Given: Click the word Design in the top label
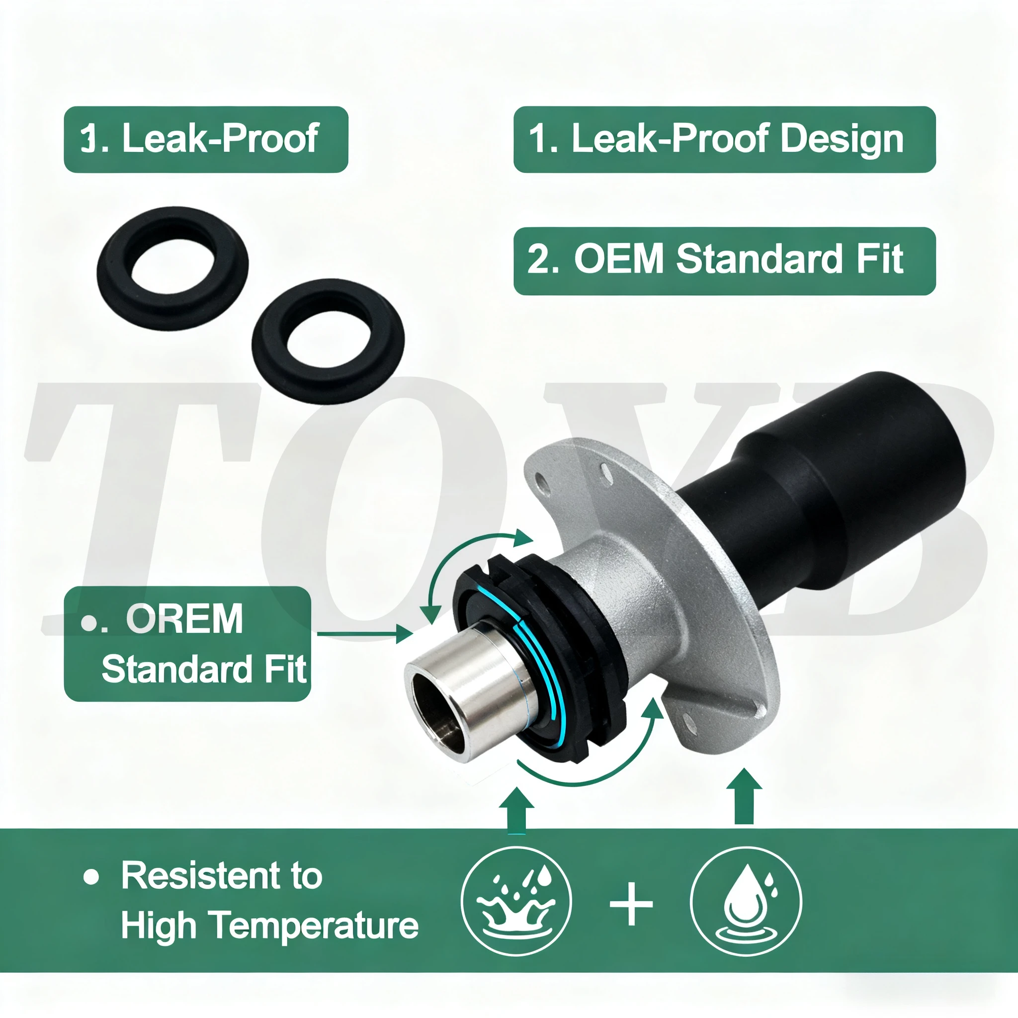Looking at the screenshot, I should pos(842,139).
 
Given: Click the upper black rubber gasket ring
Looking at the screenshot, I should pos(173,268).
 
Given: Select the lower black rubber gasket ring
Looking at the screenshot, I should pos(328,341).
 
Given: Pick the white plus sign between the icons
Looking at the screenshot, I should pos(631,905).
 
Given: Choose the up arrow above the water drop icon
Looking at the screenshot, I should pos(744,796).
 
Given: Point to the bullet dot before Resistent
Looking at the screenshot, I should pos(91,877).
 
